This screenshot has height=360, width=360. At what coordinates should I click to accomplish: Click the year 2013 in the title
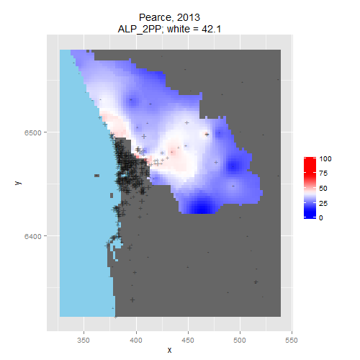click(188, 17)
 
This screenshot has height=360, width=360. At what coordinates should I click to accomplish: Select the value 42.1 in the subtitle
click(211, 29)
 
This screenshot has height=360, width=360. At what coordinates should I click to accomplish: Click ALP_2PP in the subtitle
click(139, 30)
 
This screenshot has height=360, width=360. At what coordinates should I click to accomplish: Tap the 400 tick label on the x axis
click(136, 340)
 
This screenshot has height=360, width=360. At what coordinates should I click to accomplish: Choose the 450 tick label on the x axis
click(188, 340)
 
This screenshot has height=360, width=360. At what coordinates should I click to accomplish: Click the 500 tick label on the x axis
click(240, 340)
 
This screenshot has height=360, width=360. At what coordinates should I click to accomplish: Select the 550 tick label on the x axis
click(292, 340)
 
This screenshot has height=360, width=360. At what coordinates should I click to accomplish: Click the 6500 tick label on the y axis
click(32, 132)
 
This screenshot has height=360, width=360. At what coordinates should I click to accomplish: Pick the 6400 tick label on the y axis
click(32, 236)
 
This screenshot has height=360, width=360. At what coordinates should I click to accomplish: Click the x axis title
click(169, 351)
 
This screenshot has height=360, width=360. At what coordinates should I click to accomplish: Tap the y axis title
click(18, 183)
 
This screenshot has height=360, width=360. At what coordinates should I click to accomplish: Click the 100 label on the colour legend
click(325, 158)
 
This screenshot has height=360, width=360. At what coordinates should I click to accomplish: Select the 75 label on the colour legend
click(323, 174)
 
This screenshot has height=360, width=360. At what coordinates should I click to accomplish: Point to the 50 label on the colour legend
click(323, 189)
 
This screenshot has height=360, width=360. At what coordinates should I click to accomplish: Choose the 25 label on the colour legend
click(323, 204)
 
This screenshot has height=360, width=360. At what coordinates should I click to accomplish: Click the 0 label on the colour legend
click(321, 218)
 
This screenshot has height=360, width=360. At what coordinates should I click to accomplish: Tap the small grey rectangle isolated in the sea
click(96, 176)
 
